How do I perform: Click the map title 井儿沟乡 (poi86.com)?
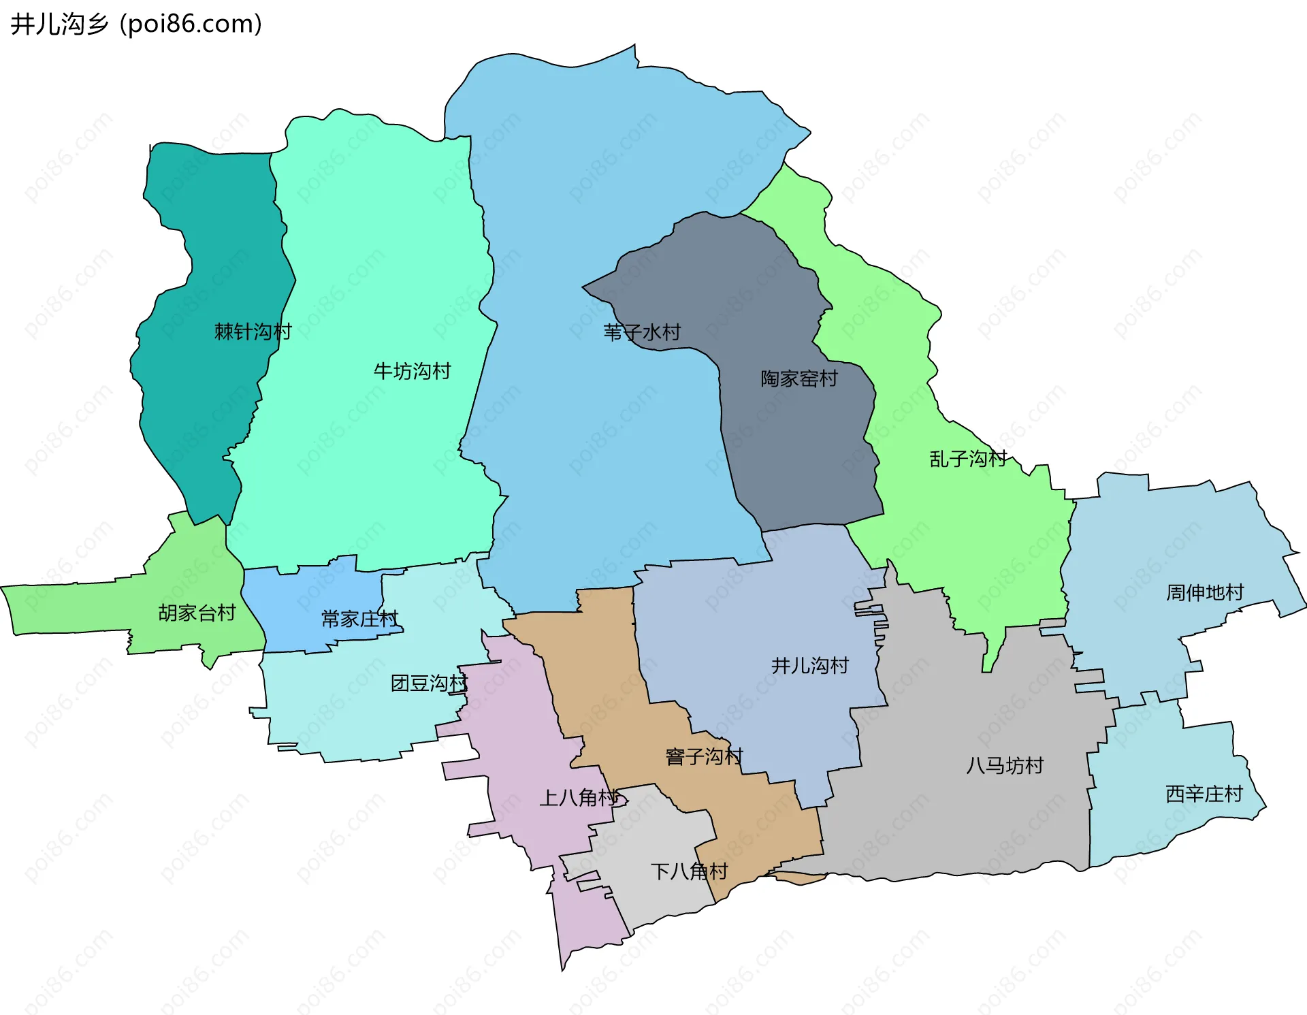(136, 25)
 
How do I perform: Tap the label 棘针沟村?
(253, 332)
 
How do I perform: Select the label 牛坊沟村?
(412, 371)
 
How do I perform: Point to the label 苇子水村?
(642, 332)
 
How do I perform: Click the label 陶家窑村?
(799, 378)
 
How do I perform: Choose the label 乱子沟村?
(967, 459)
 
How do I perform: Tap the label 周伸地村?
(1204, 592)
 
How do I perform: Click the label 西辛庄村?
(1204, 794)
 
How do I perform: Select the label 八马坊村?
(1004, 765)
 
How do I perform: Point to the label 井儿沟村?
(809, 665)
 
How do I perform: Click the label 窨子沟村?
(704, 756)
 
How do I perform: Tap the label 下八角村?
(689, 871)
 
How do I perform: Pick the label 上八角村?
(579, 797)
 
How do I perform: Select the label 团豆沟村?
(429, 683)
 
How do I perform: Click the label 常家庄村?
(359, 619)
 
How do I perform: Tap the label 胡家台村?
(197, 613)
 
